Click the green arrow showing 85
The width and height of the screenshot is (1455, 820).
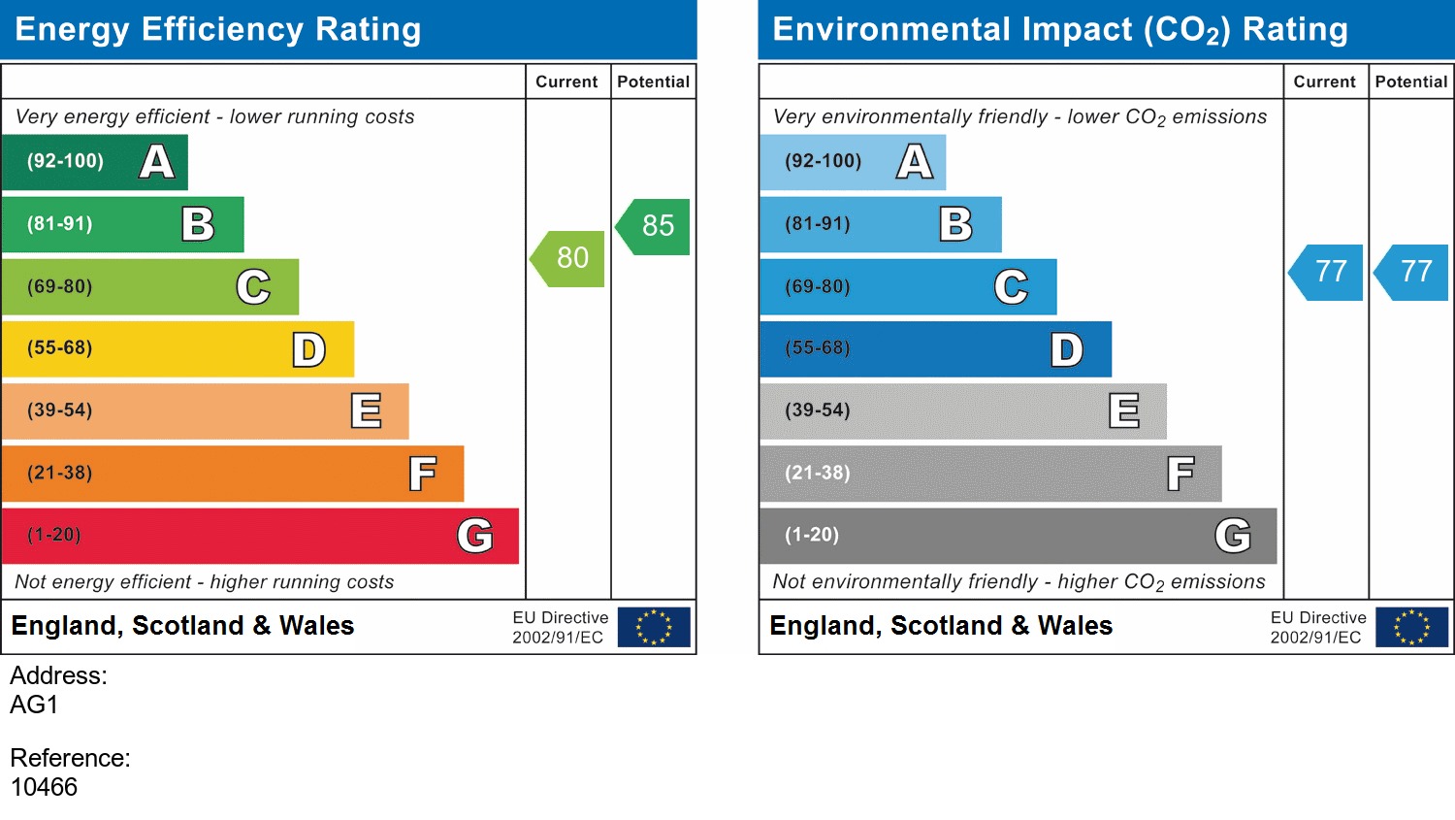[655, 226]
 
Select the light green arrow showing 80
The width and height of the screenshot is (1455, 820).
[569, 258]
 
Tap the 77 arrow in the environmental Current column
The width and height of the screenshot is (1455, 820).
[1328, 272]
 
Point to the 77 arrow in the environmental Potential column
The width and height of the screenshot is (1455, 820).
[1413, 272]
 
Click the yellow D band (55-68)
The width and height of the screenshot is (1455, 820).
[178, 348]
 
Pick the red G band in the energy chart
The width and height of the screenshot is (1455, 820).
[260, 536]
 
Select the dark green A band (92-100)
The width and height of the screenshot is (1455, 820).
[94, 162]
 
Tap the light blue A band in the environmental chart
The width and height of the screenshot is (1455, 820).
[852, 162]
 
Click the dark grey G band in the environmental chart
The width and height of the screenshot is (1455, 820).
[1018, 536]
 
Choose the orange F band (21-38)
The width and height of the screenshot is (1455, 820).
[233, 474]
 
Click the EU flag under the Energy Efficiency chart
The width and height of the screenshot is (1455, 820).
[654, 627]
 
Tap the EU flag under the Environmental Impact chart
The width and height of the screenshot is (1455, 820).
[1411, 627]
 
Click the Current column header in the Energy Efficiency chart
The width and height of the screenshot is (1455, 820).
[566, 82]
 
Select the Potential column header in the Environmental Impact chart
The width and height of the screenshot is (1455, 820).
[1410, 82]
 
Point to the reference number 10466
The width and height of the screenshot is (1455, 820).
[44, 787]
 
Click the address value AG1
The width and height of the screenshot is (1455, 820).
[34, 705]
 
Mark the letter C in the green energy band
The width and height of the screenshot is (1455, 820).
[253, 287]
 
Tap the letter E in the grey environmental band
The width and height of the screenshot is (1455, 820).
[1124, 411]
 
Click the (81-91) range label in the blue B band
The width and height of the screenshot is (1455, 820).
[817, 224]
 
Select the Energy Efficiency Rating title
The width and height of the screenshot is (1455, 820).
[218, 29]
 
